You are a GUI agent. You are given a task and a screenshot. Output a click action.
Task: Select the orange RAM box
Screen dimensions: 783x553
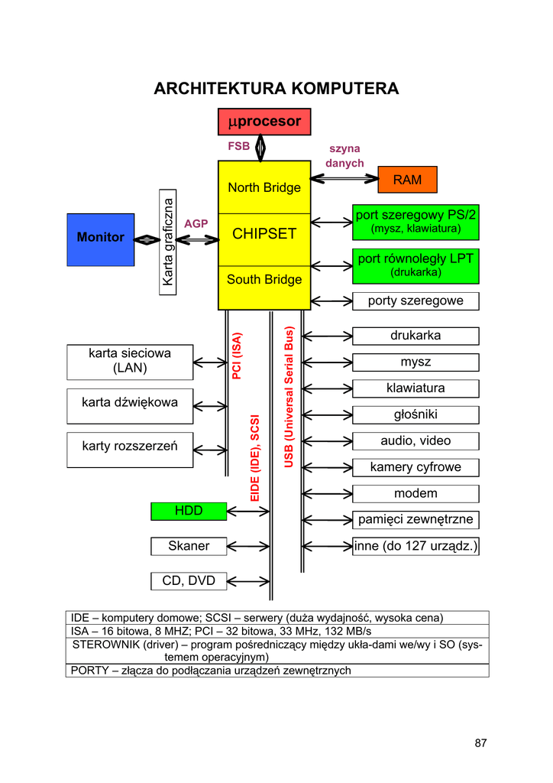pos(408,180)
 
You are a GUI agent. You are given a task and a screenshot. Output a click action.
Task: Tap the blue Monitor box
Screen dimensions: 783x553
pos(100,238)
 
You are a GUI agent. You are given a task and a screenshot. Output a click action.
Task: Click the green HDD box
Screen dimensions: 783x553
pos(189,511)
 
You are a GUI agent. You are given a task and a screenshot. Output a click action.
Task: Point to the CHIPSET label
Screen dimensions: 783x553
pos(264,234)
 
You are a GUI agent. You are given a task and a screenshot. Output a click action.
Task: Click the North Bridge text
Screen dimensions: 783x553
pos(264,188)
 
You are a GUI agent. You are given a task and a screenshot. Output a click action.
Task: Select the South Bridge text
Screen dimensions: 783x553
pos(264,280)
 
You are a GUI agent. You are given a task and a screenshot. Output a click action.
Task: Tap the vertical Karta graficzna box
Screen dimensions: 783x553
pos(168,240)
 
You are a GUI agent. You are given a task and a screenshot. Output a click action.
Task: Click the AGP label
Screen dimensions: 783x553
pos(196,223)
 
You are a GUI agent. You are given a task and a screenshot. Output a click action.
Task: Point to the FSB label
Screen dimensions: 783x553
pos(238,145)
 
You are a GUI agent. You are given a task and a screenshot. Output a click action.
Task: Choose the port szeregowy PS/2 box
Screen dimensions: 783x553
pos(416,221)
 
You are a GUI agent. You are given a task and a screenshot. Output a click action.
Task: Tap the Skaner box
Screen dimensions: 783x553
pos(189,546)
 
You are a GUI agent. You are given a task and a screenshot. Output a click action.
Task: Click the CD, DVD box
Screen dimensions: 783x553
pos(189,581)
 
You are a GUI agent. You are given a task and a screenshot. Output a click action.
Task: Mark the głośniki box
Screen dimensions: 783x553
pos(416,415)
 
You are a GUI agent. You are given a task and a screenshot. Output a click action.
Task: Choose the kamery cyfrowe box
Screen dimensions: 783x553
pos(416,467)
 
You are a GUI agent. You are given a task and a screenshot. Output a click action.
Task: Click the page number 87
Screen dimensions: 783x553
pos(480,743)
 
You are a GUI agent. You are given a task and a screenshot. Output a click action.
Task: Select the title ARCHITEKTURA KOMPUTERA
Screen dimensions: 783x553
pos(276,89)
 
